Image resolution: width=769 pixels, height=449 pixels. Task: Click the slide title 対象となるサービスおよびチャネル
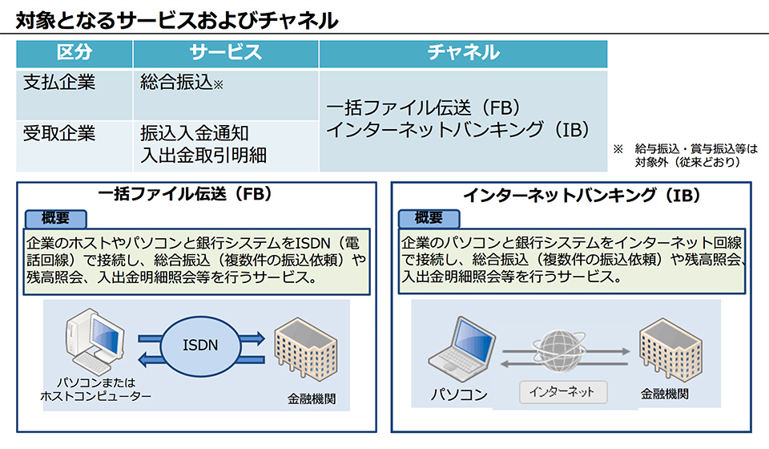[177, 20]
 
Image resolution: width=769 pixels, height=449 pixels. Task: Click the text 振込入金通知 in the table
[195, 133]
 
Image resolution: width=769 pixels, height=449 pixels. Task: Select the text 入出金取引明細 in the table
[203, 156]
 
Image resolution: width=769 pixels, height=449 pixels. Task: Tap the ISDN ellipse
[200, 346]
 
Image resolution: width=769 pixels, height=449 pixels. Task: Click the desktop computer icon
[95, 342]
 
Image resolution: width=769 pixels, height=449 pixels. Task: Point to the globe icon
[559, 350]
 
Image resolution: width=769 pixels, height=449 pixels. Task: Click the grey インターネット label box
[563, 392]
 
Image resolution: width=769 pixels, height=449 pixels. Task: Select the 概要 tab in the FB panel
[56, 218]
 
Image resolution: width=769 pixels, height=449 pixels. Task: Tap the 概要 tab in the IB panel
[429, 218]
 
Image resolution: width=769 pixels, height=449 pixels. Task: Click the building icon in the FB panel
[305, 350]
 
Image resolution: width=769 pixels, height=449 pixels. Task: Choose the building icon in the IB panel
[670, 350]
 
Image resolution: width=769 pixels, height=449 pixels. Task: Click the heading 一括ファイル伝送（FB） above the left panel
[185, 194]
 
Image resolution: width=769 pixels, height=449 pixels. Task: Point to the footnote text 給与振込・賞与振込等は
[696, 148]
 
